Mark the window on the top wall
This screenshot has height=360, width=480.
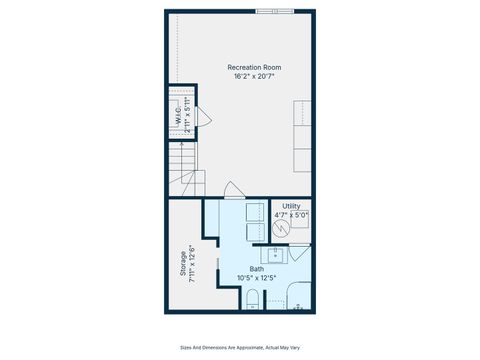[x=275, y=12]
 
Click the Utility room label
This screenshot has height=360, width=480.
[x=291, y=206]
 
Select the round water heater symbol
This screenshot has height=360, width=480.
[x=282, y=228]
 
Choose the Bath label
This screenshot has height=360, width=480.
[x=257, y=269]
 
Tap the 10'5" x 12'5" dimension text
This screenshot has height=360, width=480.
[x=257, y=278]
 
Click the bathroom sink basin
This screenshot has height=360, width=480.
[x=273, y=254]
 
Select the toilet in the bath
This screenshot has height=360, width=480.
[x=253, y=298]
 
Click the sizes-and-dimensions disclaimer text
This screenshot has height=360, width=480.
[x=240, y=348]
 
